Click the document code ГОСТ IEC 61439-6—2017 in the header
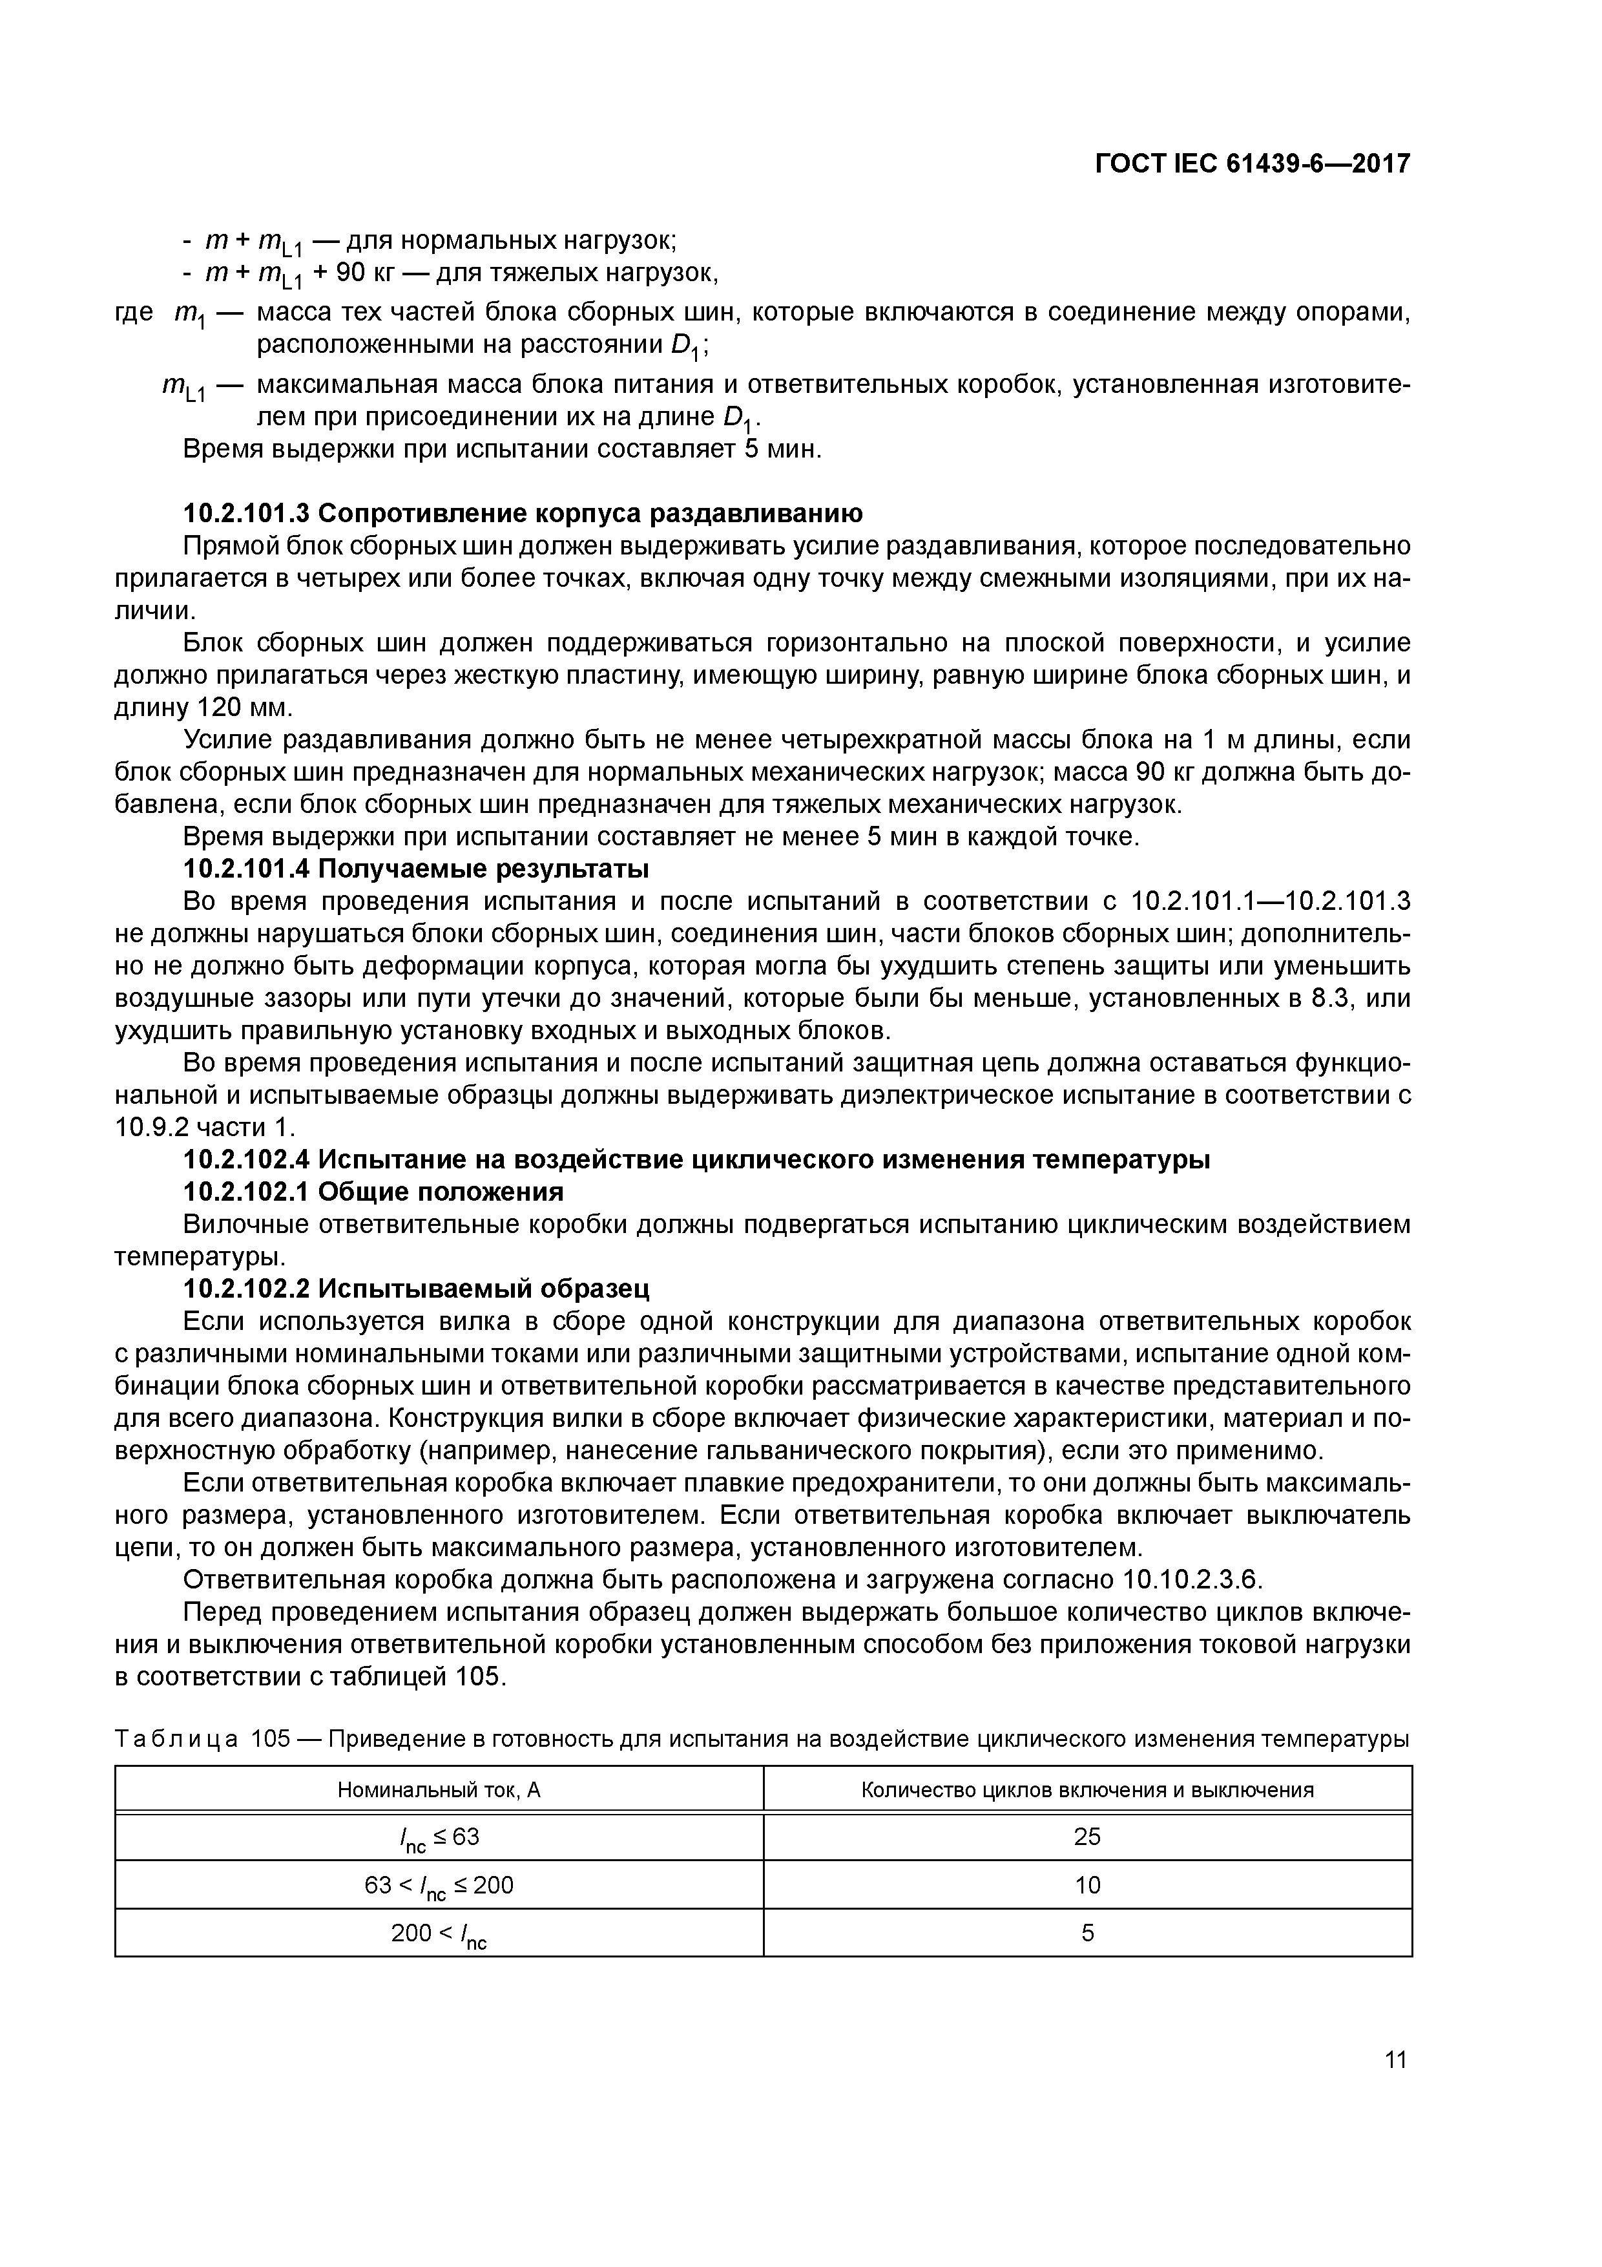(x=1252, y=164)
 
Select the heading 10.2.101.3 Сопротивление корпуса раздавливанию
(x=523, y=513)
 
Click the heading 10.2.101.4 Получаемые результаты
(x=417, y=869)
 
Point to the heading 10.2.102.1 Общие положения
(x=373, y=1192)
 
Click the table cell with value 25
(x=1087, y=1837)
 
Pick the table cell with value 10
(x=1087, y=1885)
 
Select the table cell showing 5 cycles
(x=1087, y=1932)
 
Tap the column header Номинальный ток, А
(x=439, y=1789)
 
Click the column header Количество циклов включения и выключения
(x=1087, y=1789)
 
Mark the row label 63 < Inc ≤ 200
(x=439, y=1886)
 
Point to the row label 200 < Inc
(x=439, y=1934)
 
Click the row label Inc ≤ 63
(x=439, y=1837)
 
